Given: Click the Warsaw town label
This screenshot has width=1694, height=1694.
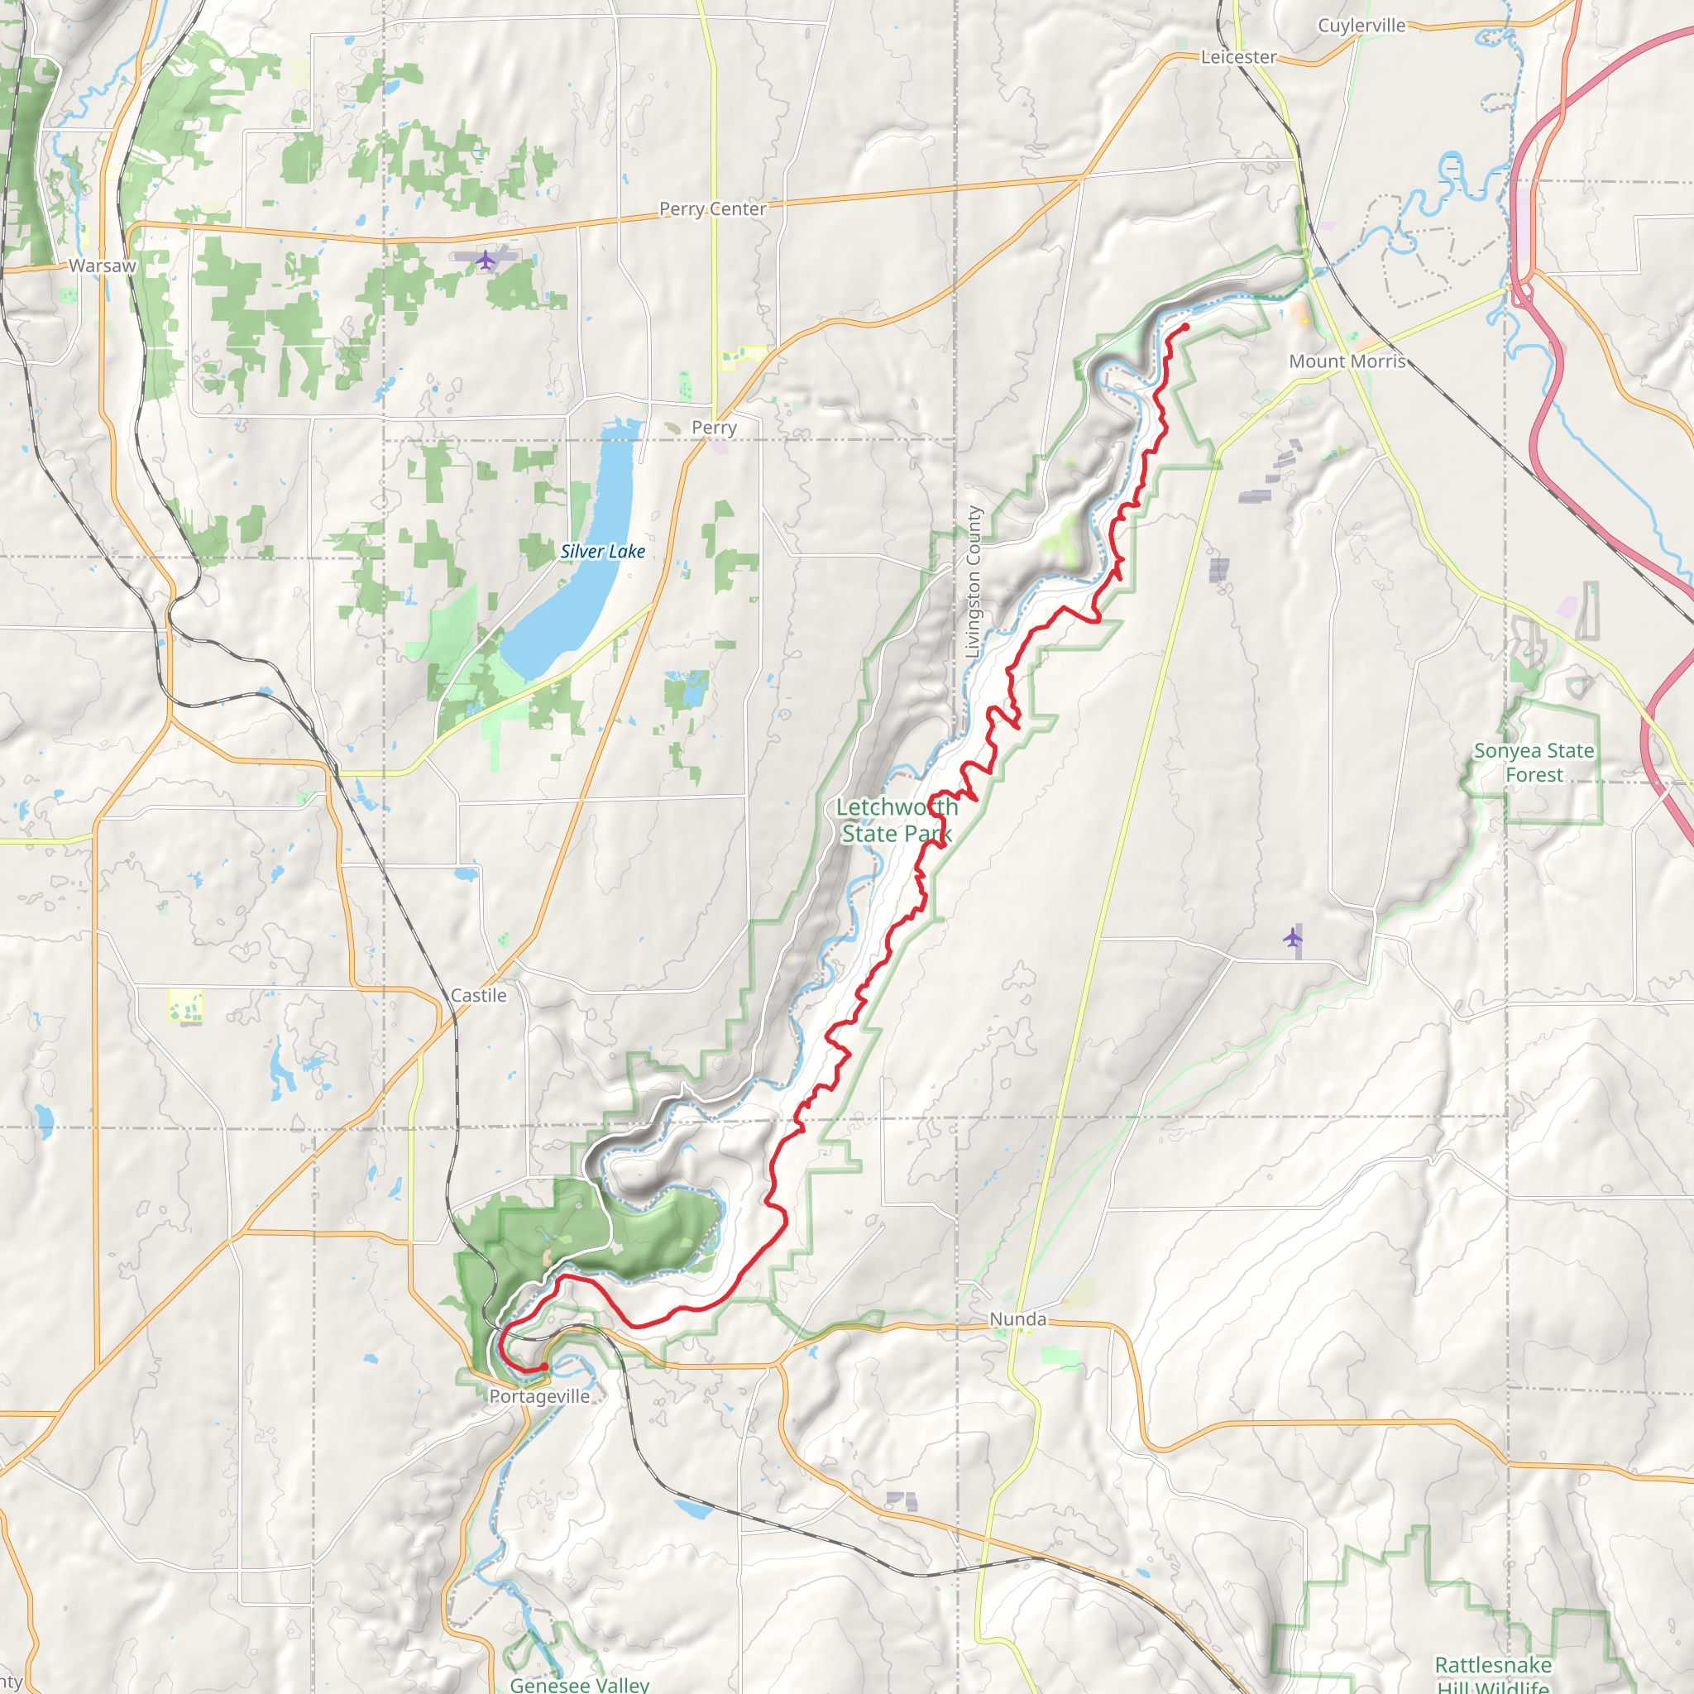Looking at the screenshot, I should tap(103, 266).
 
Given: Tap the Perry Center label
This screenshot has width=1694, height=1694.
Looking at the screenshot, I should tap(712, 208).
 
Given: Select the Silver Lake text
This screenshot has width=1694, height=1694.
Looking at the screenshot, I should tap(602, 552).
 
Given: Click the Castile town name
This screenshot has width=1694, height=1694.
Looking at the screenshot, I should tap(478, 995).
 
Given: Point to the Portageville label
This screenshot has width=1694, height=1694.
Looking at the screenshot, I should tap(539, 1396).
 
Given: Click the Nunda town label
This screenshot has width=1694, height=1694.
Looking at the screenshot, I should tap(1017, 1318).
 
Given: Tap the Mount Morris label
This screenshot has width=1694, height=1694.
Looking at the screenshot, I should tap(1347, 361).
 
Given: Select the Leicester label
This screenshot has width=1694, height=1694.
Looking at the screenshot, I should tap(1238, 57).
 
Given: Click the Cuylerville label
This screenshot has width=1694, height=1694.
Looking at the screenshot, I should tap(1361, 26).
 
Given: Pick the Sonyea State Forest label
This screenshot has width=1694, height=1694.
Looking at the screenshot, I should tap(1534, 762).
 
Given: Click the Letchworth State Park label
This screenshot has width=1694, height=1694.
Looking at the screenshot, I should tap(896, 820).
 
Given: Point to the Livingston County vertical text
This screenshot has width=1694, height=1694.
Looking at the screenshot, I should tap(973, 582).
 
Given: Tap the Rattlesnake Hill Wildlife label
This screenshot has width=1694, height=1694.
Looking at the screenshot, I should tap(1492, 1675).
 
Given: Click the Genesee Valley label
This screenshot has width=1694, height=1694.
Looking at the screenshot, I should tap(580, 1684).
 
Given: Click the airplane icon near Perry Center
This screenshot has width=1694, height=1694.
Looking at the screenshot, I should tap(485, 260).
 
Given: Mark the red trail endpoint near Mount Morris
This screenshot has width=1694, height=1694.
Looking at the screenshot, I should tap(1185, 327).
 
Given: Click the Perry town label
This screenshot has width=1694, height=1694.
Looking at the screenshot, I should tap(714, 428).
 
